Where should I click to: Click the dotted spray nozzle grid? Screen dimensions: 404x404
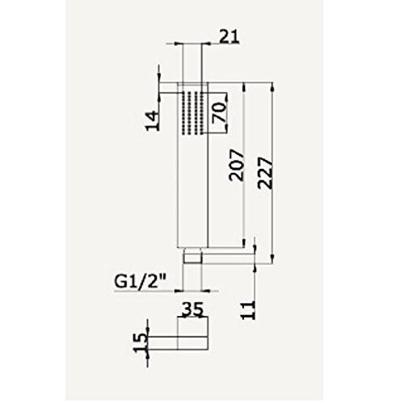194,113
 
